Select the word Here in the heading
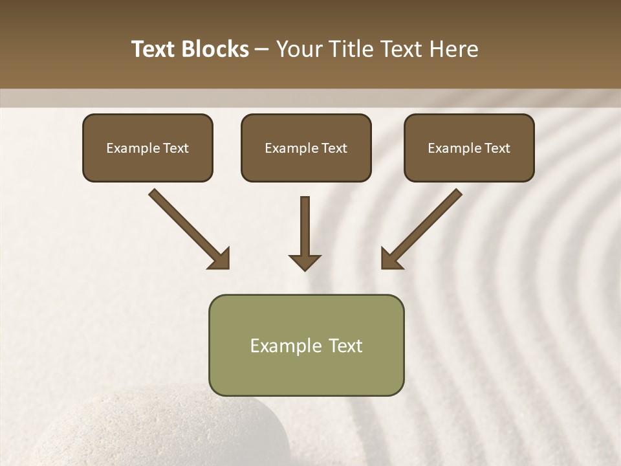pyautogui.click(x=453, y=49)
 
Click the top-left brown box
pyautogui.click(x=147, y=148)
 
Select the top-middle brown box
pyautogui.click(x=306, y=148)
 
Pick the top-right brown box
pyautogui.click(x=469, y=148)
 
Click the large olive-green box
pyautogui.click(x=306, y=345)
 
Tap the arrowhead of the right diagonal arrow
pyautogui.click(x=391, y=258)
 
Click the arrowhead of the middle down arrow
pyautogui.click(x=305, y=261)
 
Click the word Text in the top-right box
pyautogui.click(x=497, y=148)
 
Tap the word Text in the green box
pyautogui.click(x=346, y=346)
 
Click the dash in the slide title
pyautogui.click(x=262, y=49)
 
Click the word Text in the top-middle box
pyautogui.click(x=334, y=148)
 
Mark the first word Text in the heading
pyautogui.click(x=154, y=49)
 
